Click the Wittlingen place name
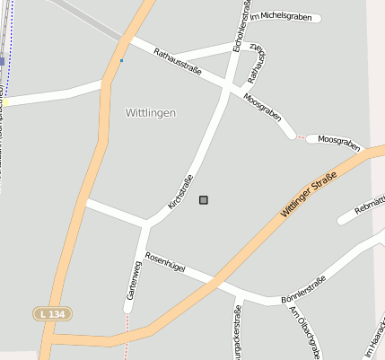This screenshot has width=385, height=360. pos(145,113)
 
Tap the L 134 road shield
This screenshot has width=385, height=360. pos(52,313)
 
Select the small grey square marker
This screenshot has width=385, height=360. pos(204,199)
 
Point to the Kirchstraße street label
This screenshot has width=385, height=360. pos(180,192)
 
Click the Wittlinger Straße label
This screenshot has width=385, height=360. pos(308,194)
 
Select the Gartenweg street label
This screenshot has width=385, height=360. pos(133,280)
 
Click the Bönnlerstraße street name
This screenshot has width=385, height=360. pos(303,289)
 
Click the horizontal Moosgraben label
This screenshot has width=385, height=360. pos(339,141)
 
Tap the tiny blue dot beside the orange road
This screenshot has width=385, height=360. pos(121,61)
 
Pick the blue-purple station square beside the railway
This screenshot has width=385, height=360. pos(3,61)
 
